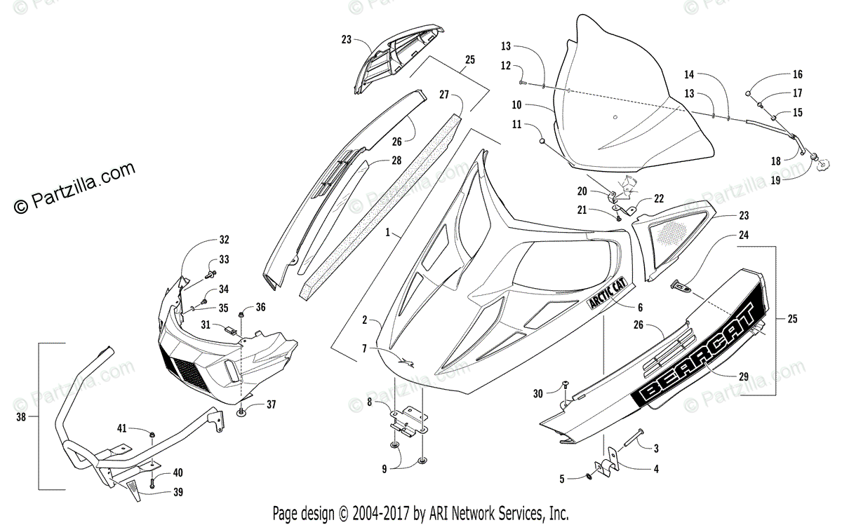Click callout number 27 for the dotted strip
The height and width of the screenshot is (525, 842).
445,94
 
